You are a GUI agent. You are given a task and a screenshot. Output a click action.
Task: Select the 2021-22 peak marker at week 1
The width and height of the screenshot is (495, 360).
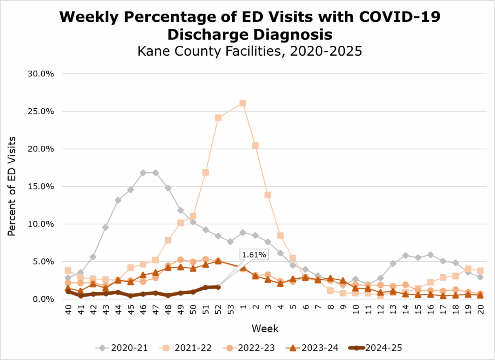tap(243, 103)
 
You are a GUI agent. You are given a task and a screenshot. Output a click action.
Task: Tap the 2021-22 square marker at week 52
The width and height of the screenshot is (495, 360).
tap(218, 118)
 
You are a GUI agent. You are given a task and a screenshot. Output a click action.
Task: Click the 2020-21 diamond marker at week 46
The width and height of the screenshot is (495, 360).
tap(143, 173)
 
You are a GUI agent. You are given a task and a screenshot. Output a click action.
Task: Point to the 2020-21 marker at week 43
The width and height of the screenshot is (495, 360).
tap(106, 227)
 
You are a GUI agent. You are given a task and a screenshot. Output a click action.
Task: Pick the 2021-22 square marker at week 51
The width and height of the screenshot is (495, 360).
tap(205, 172)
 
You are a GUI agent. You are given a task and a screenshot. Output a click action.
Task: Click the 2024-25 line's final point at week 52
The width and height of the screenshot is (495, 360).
tap(218, 287)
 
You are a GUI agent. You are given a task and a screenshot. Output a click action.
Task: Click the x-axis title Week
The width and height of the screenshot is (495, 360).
tap(265, 329)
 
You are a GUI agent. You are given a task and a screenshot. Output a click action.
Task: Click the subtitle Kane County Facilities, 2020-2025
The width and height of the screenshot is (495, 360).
tap(250, 52)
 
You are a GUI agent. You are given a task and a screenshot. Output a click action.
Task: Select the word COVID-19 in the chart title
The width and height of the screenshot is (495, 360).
tap(398, 17)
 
